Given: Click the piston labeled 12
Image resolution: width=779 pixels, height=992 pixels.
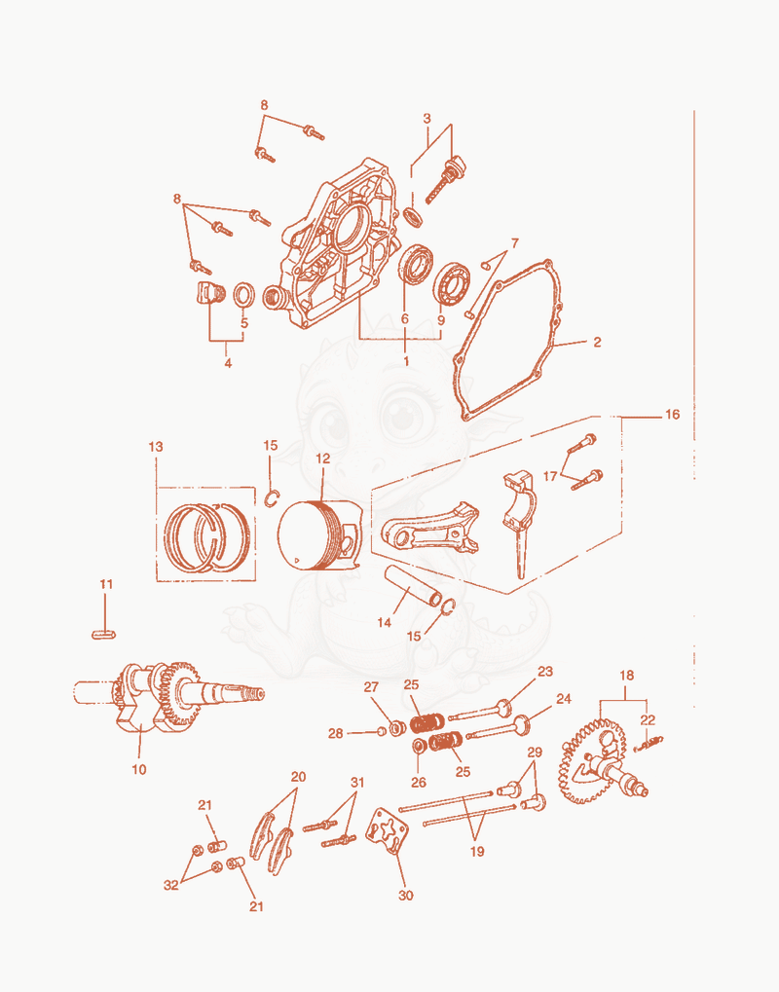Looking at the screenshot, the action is tap(319, 535).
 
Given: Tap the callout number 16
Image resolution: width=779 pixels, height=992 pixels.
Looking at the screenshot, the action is tap(672, 415).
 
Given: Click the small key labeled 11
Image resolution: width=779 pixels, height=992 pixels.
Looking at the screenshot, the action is tap(104, 634).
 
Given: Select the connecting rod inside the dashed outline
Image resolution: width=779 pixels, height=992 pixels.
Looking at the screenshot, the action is tap(431, 529).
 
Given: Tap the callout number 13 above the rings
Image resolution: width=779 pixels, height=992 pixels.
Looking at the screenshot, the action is tap(156, 447).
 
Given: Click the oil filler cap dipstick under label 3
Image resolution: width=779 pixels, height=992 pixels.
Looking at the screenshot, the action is tap(445, 181).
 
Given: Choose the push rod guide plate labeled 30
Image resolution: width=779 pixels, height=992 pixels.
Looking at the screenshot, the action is tap(388, 830).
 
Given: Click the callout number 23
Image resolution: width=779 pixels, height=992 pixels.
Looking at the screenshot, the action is tap(545, 672).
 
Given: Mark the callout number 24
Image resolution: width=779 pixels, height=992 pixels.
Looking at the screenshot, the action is tap(563, 698).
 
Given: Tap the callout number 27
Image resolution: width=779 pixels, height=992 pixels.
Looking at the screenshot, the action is tap(371, 687).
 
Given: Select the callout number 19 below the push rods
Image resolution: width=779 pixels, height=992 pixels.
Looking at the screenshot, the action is tap(477, 852).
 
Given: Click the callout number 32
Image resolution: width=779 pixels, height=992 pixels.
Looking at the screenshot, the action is tap(170, 885).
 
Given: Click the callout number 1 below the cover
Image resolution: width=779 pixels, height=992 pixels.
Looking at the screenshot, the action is tap(406, 360).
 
